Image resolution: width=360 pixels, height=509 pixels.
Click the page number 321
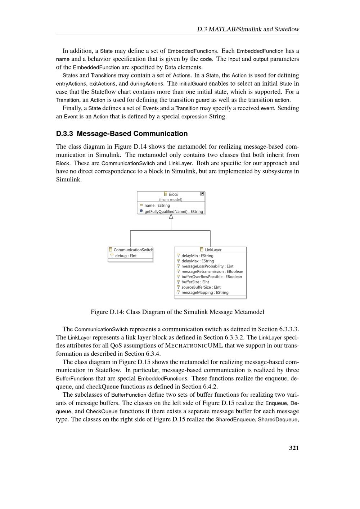click(x=294, y=448)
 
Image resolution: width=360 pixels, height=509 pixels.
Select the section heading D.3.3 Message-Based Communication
click(x=122, y=134)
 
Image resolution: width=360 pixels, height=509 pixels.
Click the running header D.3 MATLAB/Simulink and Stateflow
click(x=248, y=29)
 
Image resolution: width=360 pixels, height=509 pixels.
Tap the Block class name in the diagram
click(x=173, y=194)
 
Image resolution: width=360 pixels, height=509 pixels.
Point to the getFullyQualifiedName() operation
click(x=174, y=211)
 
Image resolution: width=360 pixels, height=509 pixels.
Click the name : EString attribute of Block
click(x=157, y=206)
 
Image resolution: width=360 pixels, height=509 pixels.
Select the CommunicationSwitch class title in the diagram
click(x=133, y=250)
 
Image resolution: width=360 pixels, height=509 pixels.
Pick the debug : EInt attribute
click(x=126, y=256)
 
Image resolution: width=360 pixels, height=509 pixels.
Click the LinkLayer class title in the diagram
click(x=213, y=250)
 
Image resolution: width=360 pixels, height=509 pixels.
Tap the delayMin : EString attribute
click(x=197, y=256)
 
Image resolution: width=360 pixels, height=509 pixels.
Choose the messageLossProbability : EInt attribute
click(x=207, y=266)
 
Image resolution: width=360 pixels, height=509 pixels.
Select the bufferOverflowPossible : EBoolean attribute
click(x=212, y=277)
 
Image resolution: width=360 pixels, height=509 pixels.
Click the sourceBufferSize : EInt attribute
click(x=201, y=287)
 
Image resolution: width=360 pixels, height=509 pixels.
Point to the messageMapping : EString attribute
click(x=205, y=293)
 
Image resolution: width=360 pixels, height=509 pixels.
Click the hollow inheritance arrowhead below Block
click(x=171, y=216)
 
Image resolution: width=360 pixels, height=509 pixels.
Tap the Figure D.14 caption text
click(x=177, y=312)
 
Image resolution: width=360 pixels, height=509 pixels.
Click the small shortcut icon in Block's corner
click(x=202, y=194)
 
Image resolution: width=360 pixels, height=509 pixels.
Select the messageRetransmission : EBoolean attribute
click(x=212, y=271)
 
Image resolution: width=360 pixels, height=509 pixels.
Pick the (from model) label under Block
click(x=171, y=199)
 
